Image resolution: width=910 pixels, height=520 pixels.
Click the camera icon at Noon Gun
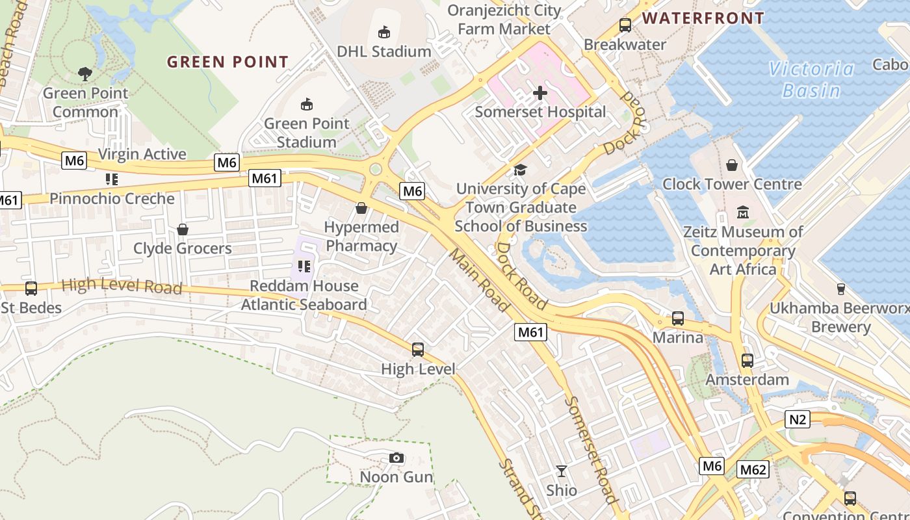396,458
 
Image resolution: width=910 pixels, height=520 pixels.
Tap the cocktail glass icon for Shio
562,471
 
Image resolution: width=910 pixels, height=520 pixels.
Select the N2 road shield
798,419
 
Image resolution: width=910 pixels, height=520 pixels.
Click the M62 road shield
753,469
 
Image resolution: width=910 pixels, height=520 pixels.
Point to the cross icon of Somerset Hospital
539,93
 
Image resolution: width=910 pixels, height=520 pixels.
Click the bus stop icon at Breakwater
625,25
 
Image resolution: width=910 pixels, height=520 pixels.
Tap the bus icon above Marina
678,318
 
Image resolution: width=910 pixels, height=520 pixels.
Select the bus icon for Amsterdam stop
747,360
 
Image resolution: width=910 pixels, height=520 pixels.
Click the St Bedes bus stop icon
31,289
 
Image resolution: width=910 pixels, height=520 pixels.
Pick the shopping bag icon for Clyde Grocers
183,229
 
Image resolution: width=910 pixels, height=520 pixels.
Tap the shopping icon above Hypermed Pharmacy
361,208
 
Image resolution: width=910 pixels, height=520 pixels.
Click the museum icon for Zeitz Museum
743,213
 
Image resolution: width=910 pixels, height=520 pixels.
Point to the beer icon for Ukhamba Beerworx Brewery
840,289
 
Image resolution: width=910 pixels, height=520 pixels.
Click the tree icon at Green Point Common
85,73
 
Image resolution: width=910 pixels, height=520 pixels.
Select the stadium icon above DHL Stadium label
384,32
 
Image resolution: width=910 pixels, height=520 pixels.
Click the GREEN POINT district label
227,62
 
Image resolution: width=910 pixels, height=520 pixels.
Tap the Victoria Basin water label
811,79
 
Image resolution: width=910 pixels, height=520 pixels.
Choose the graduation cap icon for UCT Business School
520,170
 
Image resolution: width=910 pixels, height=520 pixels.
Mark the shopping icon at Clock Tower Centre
732,165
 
